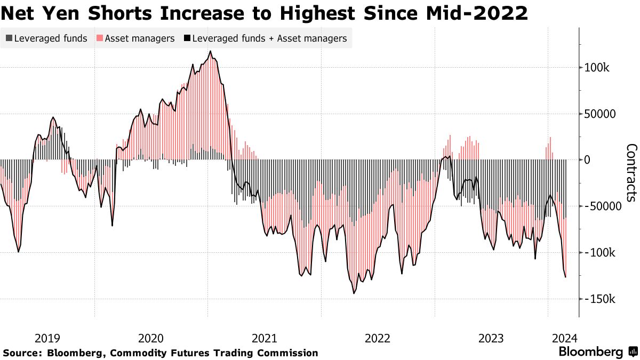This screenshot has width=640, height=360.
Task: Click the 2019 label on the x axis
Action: point(47,338)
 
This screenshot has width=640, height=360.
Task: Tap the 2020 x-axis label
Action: point(151,338)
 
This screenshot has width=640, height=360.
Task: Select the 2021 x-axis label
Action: point(264,338)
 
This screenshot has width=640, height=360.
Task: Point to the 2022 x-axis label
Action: point(378,338)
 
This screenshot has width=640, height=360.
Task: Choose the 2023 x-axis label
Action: point(491,338)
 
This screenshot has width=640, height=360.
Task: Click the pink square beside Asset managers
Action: point(99,38)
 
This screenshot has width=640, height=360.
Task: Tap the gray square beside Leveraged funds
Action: point(9,38)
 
